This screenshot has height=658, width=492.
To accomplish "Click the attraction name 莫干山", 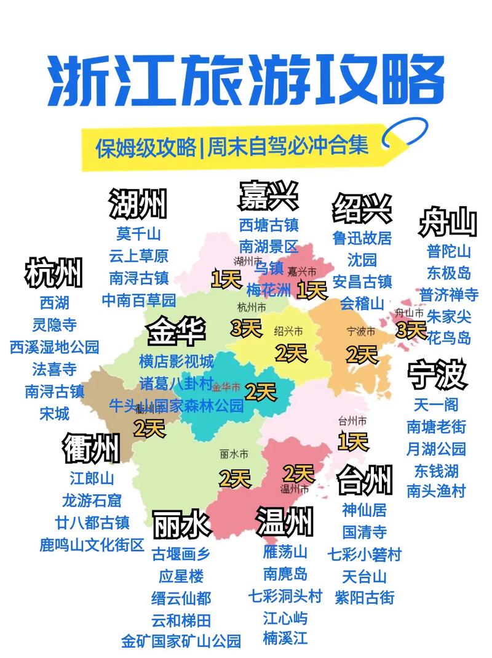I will coord(138,234).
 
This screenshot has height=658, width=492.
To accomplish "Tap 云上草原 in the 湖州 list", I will coord(138,255).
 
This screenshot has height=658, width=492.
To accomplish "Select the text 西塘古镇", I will coord(269,225).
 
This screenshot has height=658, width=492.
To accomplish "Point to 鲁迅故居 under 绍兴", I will coord(362,238).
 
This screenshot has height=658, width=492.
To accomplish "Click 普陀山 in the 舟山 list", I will coord(449,251).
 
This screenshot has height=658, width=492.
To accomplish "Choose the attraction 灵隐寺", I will coord(55,324).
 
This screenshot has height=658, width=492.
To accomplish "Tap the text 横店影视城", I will coord(177,361).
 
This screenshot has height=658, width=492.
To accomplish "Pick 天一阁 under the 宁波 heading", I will coord(436,405).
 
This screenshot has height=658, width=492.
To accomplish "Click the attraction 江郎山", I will coord(92,478).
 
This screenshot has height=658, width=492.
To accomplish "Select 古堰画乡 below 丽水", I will coord(181,554).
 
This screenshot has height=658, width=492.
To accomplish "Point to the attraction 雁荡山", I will coord(285,552).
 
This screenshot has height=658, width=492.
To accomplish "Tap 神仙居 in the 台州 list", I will coord(365,510).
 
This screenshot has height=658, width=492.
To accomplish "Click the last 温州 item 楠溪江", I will coord(285,638).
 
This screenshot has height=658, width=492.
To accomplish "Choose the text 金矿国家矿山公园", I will coord(181,641).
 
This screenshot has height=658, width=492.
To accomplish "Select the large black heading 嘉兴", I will coord(268,196).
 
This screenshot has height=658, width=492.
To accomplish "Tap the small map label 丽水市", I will coord(234,454).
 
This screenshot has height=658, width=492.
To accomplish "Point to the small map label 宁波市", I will coord(361,331).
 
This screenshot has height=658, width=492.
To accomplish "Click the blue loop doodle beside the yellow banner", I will coord(403,136).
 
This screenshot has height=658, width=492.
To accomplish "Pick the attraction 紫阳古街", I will coord(365,598).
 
